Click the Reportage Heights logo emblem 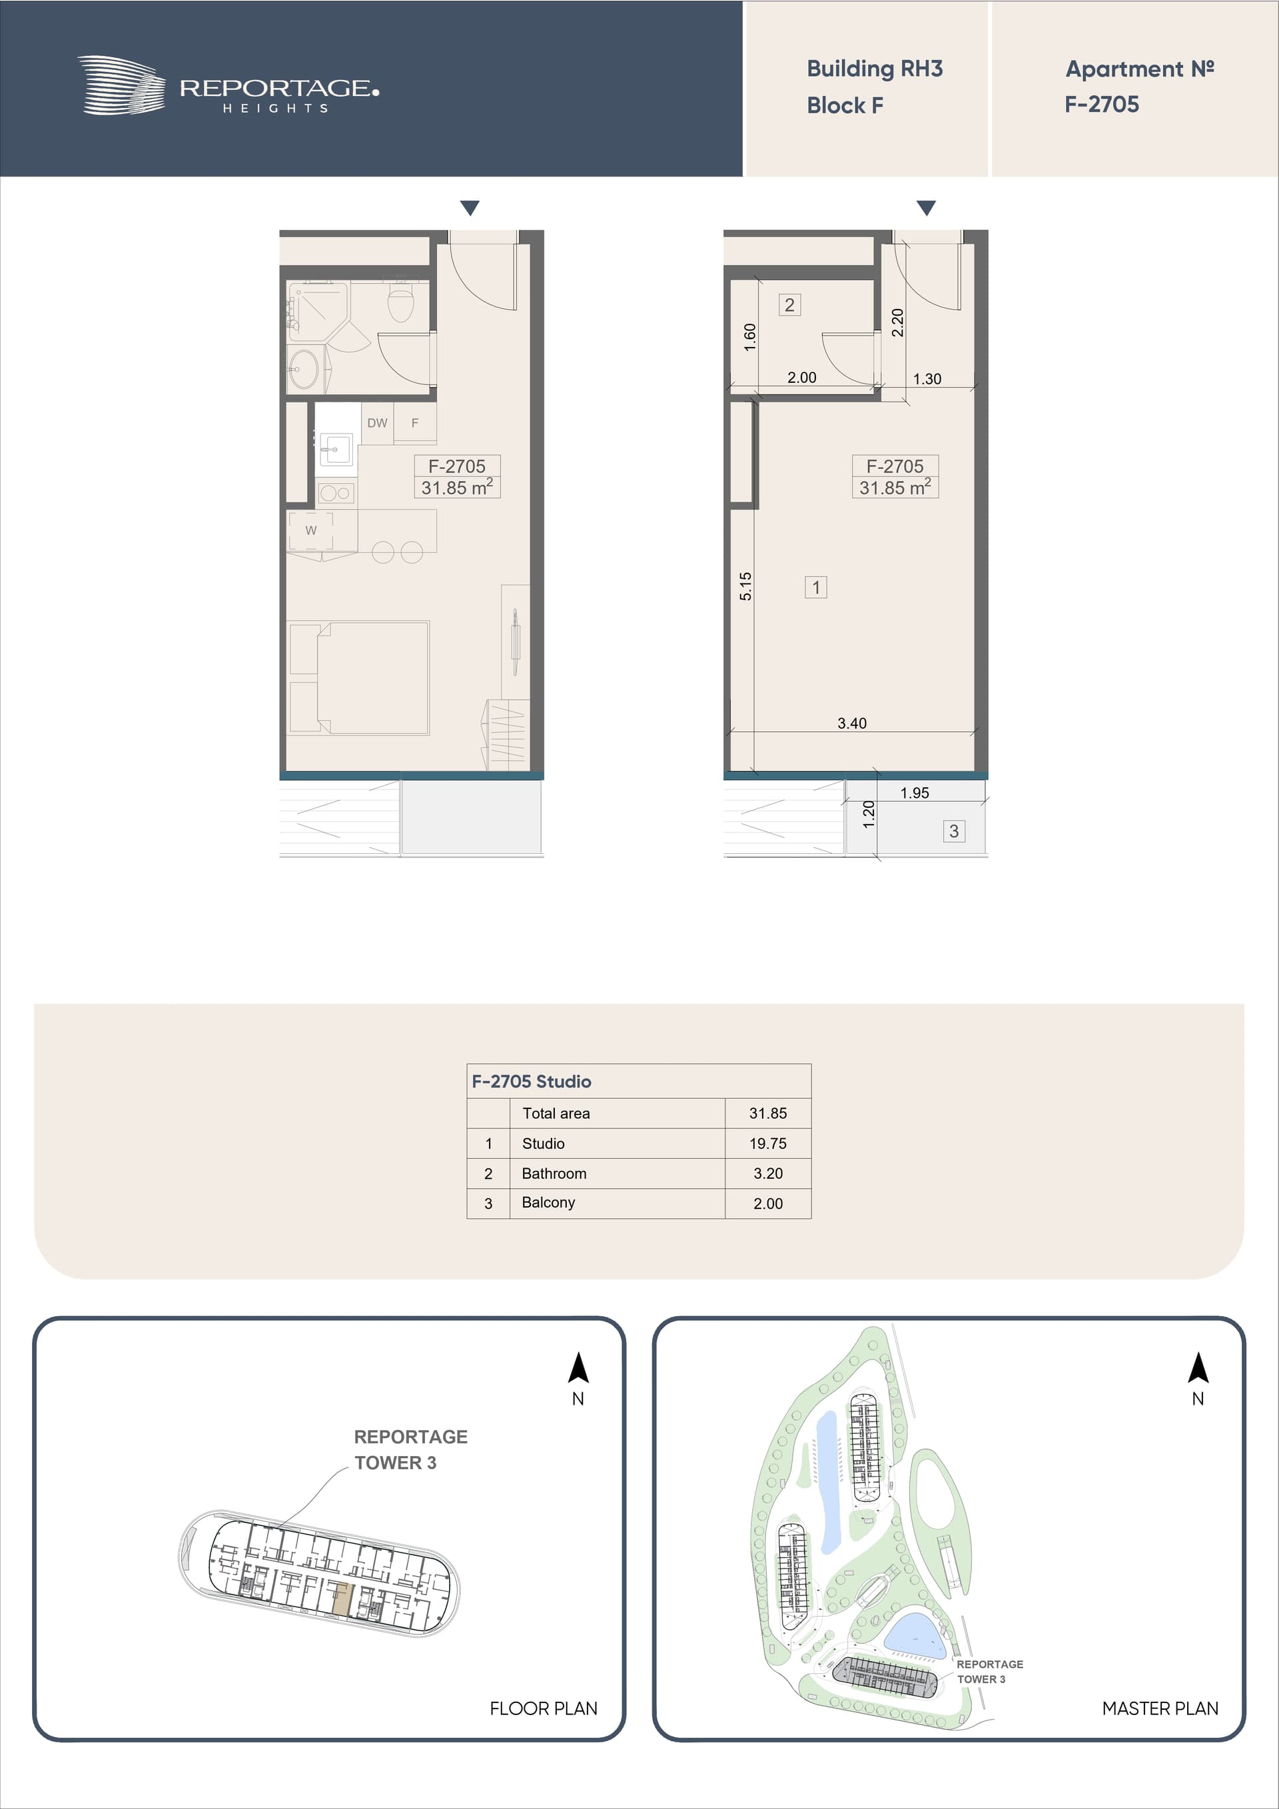click(121, 85)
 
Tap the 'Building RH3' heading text click(875, 69)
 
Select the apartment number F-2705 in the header click(1102, 104)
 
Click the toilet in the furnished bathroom click(400, 302)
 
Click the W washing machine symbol click(310, 530)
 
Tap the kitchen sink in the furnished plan click(335, 450)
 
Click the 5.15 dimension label click(745, 586)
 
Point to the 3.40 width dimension click(852, 723)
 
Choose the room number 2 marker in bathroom click(789, 305)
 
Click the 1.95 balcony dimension click(915, 793)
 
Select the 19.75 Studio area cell click(767, 1143)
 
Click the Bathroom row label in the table click(554, 1173)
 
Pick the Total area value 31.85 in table click(767, 1113)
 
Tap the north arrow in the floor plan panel click(578, 1368)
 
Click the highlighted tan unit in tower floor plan click(340, 1601)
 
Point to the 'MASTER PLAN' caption click(1160, 1708)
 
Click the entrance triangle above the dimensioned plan click(926, 208)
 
